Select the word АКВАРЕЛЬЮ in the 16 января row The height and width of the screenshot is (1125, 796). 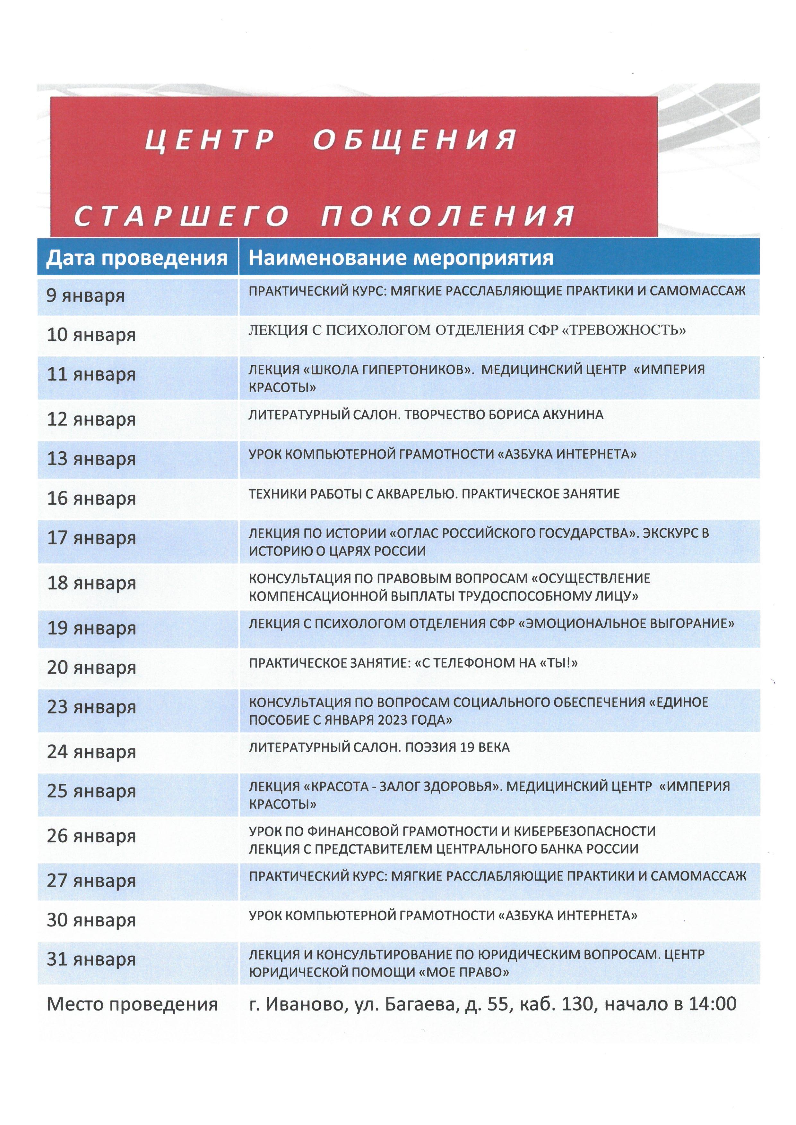tap(416, 494)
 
